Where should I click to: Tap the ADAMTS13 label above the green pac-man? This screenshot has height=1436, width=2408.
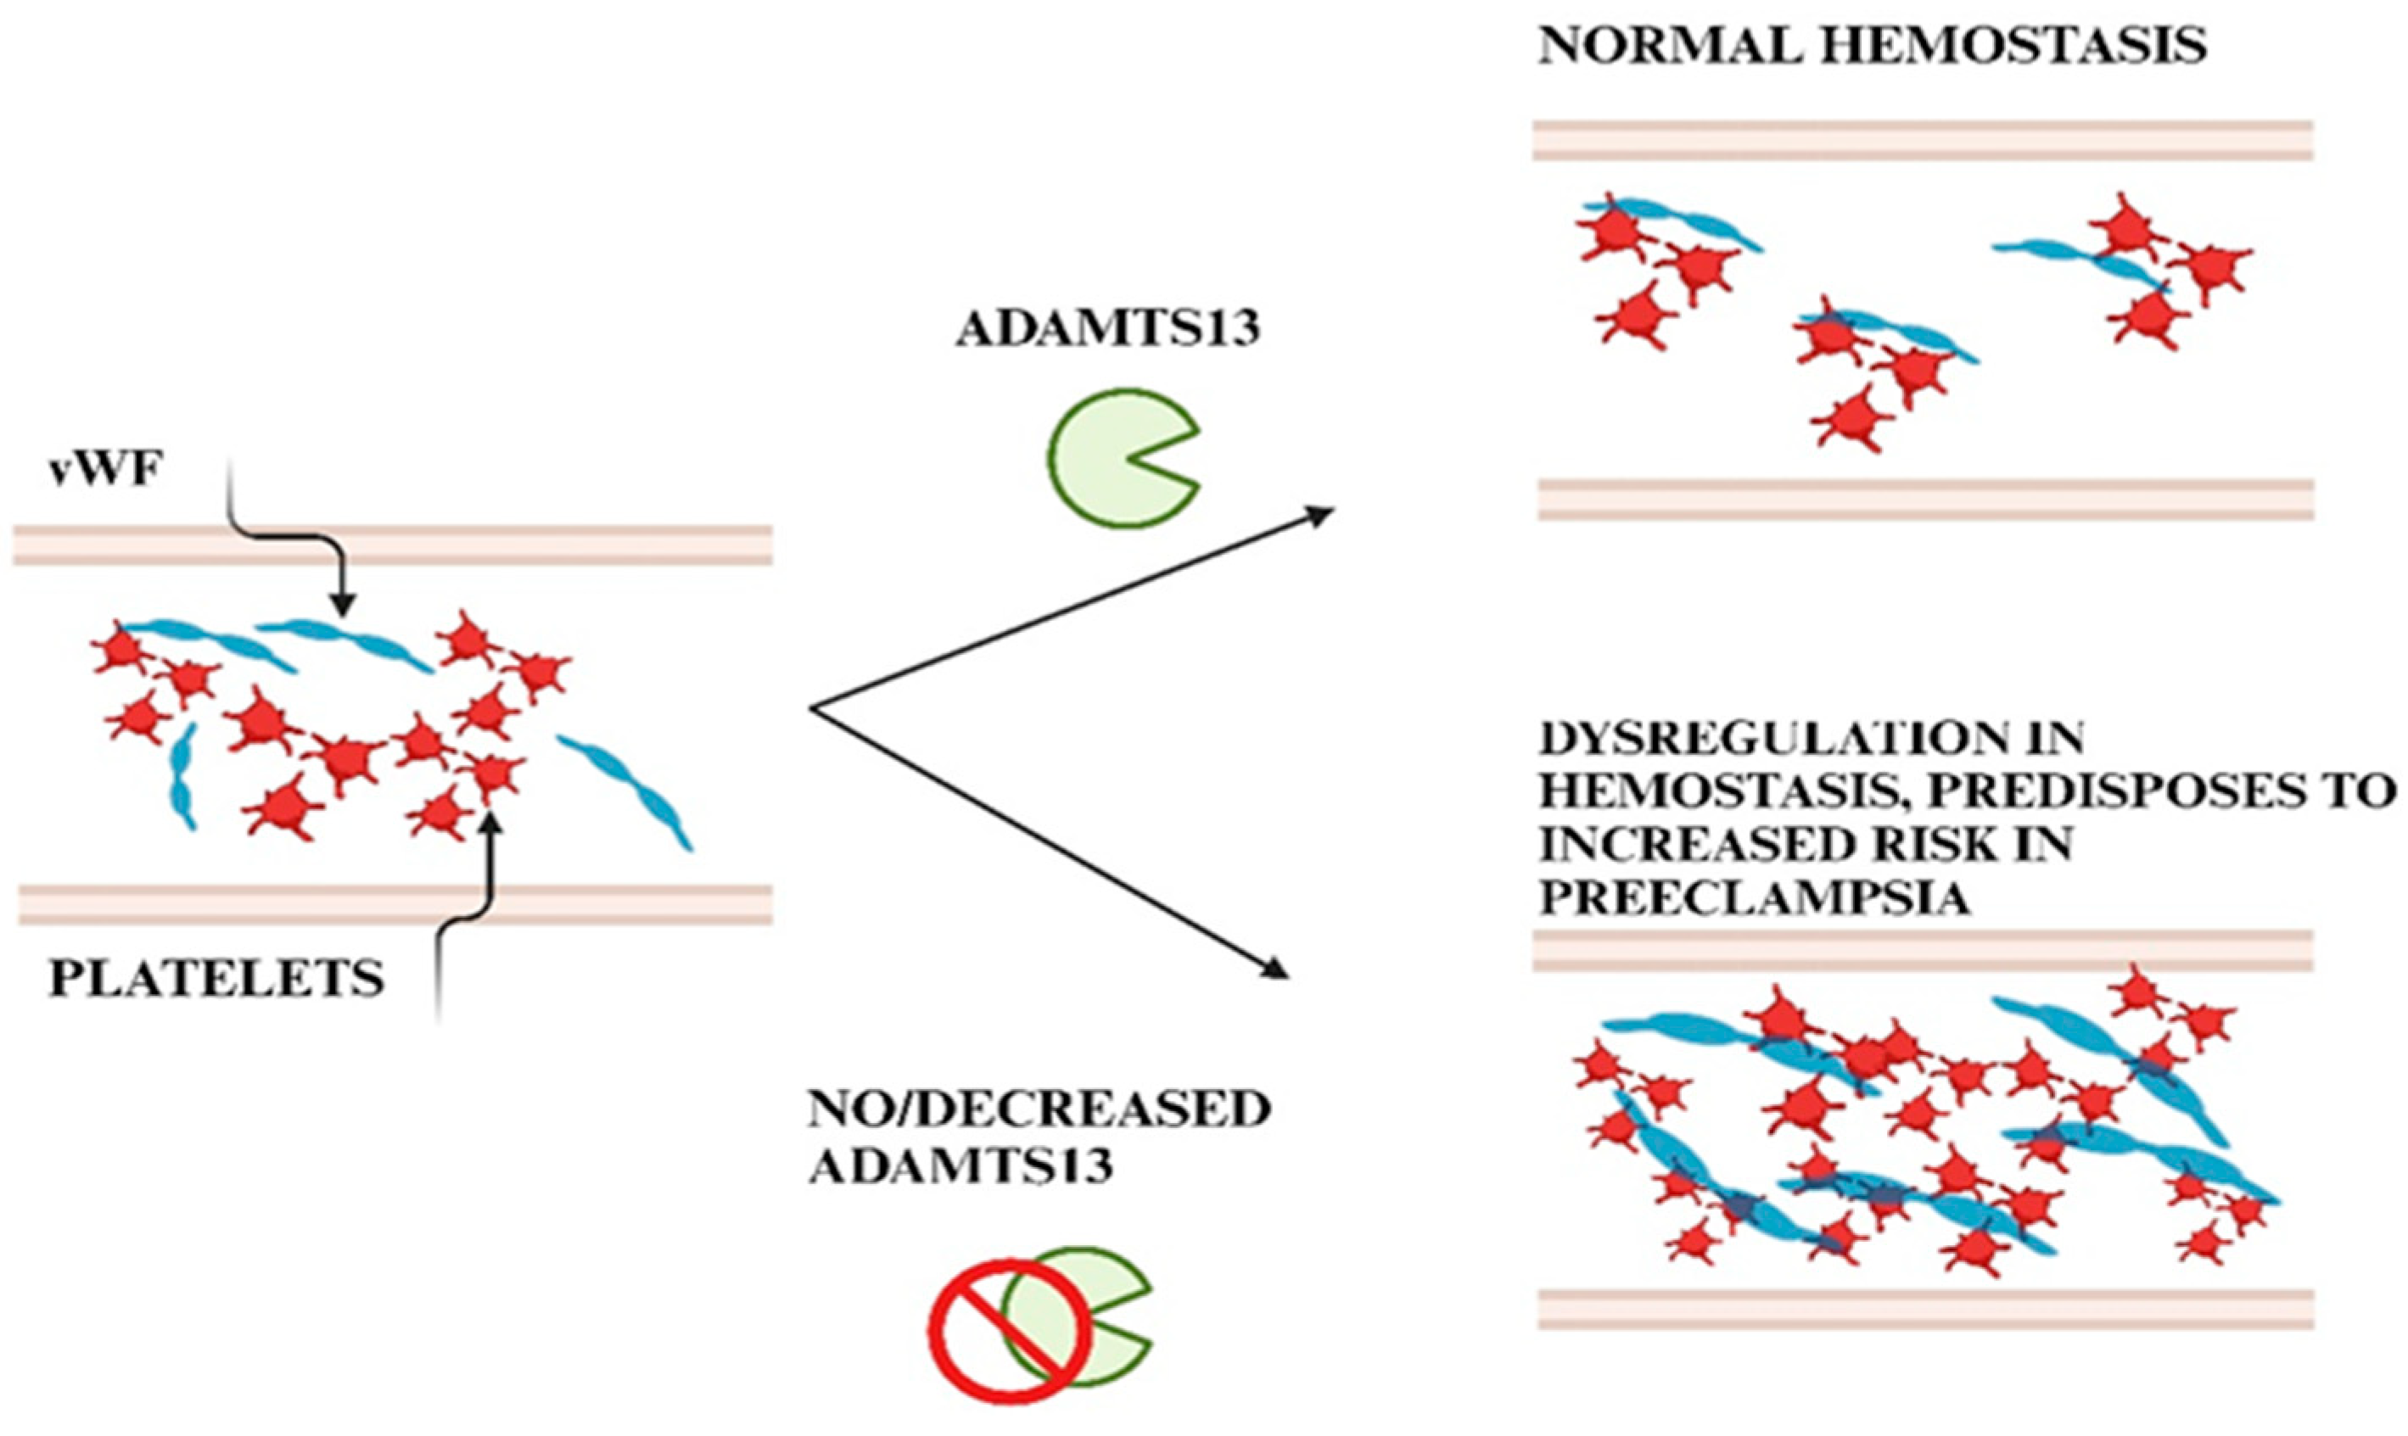[1108, 330]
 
